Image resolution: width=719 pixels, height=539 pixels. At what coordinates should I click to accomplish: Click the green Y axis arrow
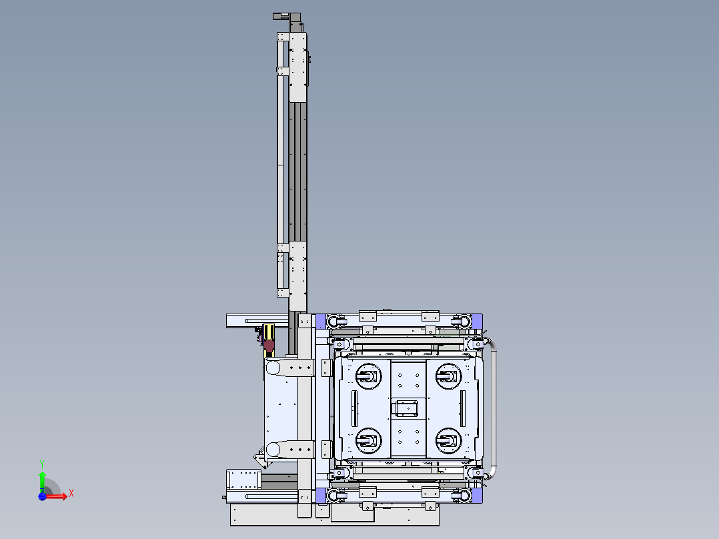[42, 482]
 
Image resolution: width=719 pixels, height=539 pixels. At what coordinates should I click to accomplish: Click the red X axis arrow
[55, 496]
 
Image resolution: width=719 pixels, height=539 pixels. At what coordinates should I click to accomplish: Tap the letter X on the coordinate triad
[71, 494]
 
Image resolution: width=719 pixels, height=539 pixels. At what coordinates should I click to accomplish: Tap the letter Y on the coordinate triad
[42, 464]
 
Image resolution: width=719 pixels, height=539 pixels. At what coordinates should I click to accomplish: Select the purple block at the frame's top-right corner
[477, 321]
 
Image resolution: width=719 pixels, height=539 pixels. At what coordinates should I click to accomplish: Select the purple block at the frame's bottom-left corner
[321, 496]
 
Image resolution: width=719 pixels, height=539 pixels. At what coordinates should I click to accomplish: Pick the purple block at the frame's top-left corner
[321, 321]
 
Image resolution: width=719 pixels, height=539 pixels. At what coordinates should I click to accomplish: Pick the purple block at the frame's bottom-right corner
[477, 496]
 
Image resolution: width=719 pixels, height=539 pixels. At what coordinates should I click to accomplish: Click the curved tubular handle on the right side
[494, 408]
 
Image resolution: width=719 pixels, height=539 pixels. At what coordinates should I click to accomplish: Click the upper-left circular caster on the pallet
[368, 376]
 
